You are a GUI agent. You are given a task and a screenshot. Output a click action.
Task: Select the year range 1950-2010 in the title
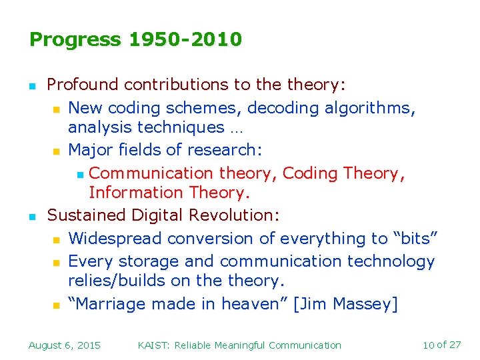185,39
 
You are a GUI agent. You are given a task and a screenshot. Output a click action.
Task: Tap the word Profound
83,85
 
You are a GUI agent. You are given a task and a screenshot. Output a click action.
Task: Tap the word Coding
310,173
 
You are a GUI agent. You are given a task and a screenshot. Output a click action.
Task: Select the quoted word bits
417,238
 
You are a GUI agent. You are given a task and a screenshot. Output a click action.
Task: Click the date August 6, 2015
65,345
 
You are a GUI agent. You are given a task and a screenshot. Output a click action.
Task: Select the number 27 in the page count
455,345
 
